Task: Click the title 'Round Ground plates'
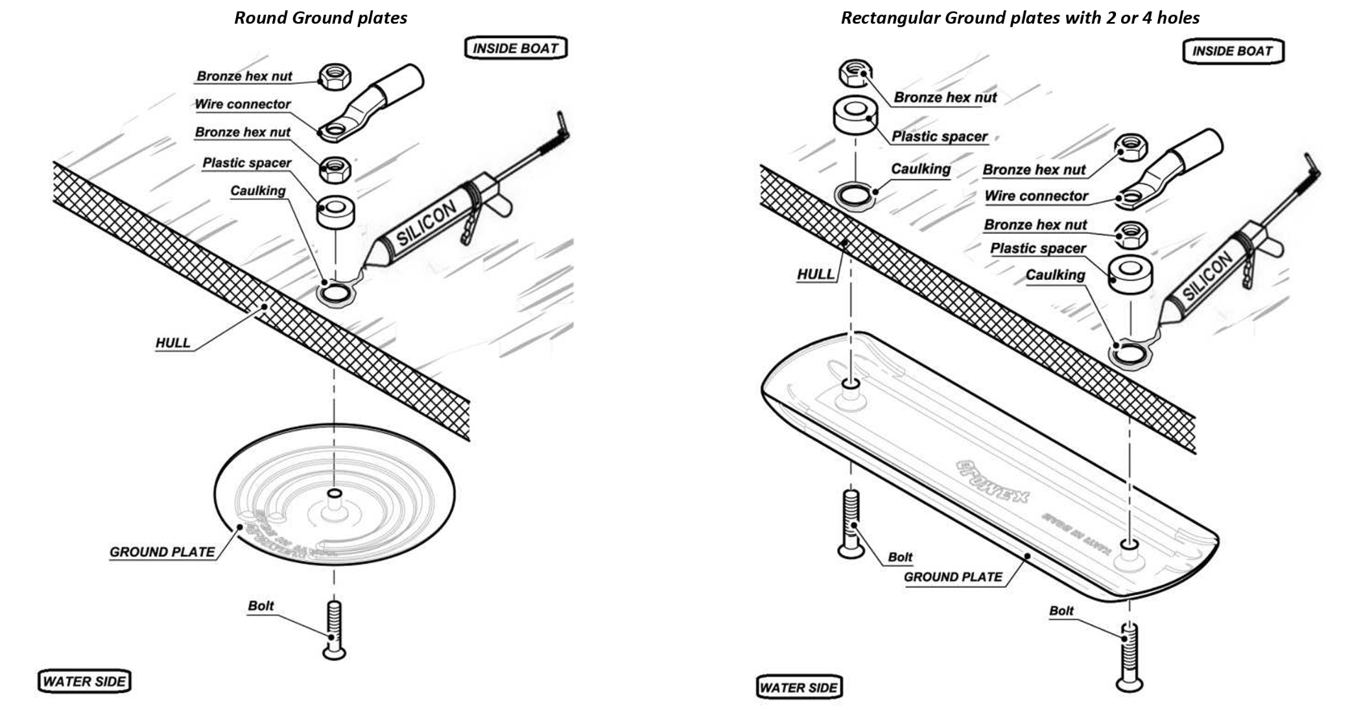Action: pos(320,17)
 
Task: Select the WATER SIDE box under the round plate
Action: pos(84,681)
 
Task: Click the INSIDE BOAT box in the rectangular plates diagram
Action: pos(1233,51)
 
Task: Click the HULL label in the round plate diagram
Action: pos(173,343)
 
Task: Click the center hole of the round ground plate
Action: pos(335,494)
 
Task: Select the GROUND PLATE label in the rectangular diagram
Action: pos(953,577)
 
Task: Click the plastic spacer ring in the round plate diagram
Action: pos(335,211)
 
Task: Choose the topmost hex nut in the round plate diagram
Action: pos(335,76)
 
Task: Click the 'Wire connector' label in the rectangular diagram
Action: pos(1036,196)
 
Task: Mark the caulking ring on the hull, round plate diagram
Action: pos(335,294)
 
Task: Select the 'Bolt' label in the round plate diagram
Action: pos(261,605)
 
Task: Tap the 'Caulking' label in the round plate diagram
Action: pos(258,191)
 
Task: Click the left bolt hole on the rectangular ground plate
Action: pos(851,384)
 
